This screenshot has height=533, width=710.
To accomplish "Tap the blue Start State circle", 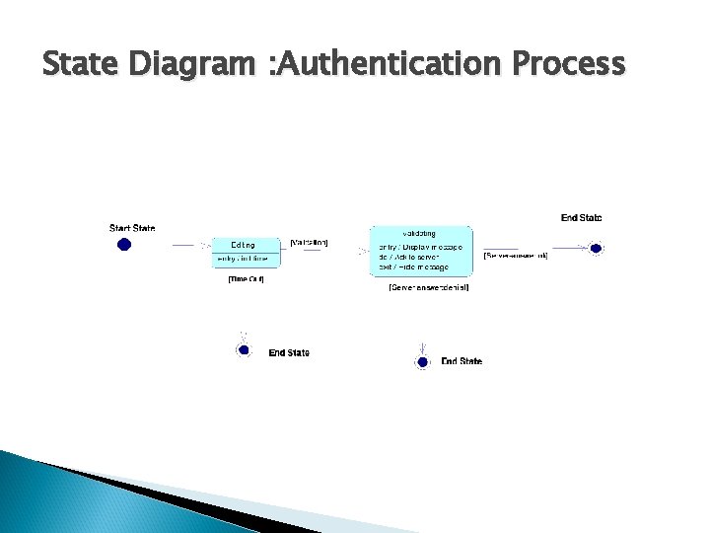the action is [x=124, y=245].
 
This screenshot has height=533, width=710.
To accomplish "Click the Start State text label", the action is [x=131, y=229].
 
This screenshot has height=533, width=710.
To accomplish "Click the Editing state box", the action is [x=247, y=252].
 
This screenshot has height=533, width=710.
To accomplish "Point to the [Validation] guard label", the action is [x=310, y=242].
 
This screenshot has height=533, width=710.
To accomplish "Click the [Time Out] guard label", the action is [x=246, y=279].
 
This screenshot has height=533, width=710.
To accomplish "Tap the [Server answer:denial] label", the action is [x=429, y=287].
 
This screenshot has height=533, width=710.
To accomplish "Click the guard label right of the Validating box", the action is [x=516, y=256].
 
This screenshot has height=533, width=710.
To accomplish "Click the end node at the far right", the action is [x=595, y=249].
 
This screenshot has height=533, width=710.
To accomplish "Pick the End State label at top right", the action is [x=581, y=217].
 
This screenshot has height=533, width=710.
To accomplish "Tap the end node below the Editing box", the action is [x=244, y=349].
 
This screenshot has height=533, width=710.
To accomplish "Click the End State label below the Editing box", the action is [x=289, y=352].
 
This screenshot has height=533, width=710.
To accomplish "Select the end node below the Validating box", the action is [x=422, y=362].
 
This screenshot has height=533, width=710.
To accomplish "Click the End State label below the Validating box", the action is [x=461, y=361].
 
